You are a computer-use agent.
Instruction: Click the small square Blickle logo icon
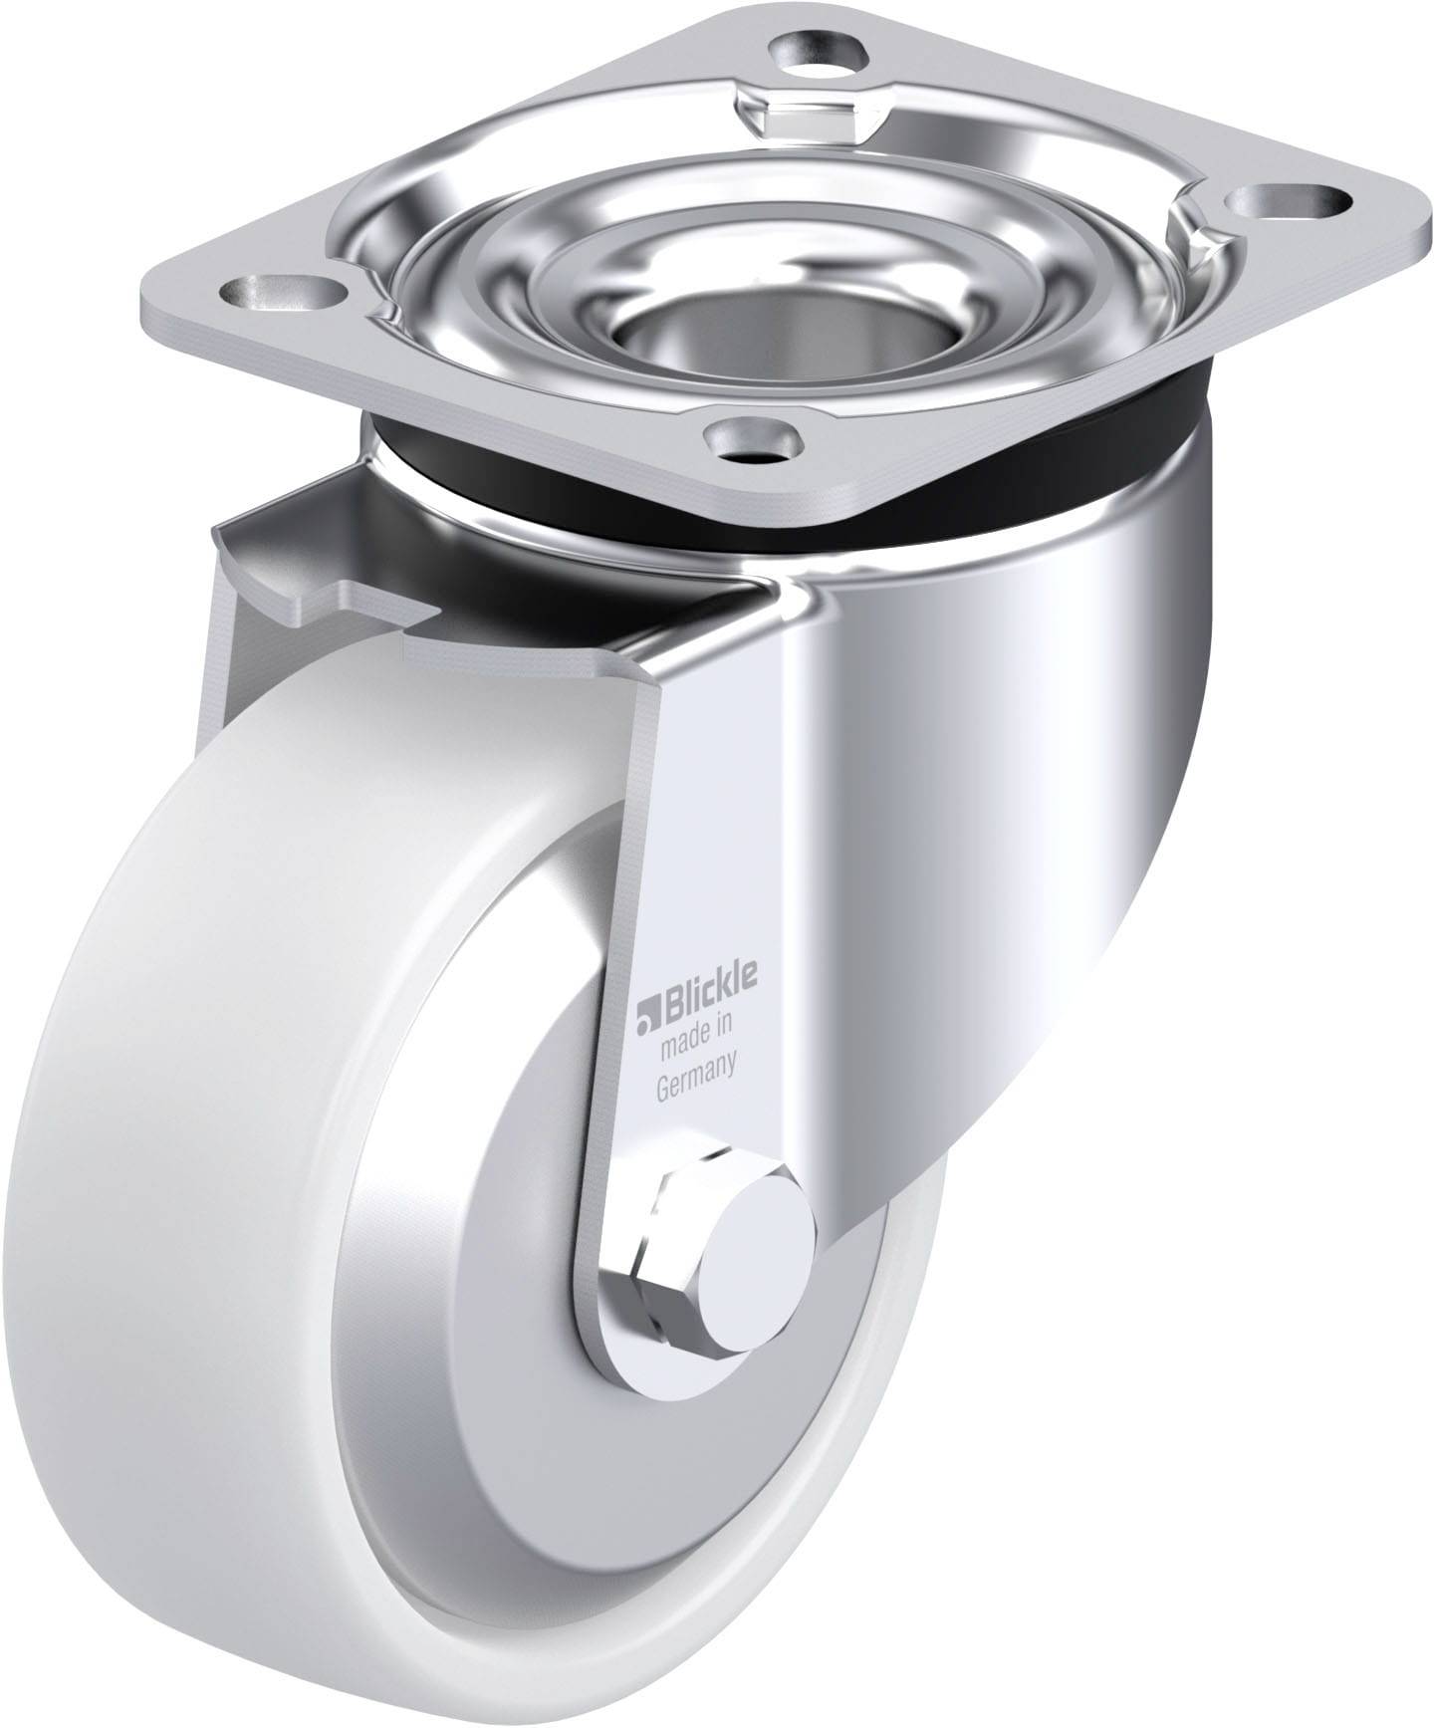tap(646, 1015)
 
